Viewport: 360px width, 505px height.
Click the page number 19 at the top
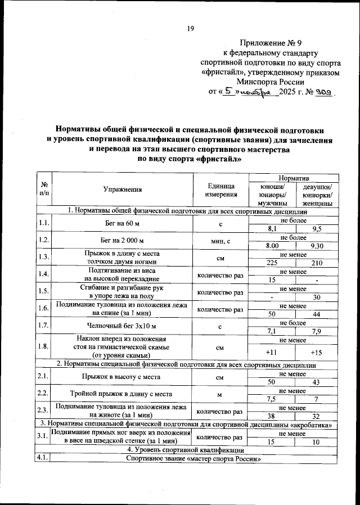(x=190, y=29)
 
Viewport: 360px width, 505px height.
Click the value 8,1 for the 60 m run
(x=272, y=229)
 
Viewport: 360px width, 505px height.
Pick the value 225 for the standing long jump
(x=272, y=263)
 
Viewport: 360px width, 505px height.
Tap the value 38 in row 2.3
(x=272, y=416)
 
